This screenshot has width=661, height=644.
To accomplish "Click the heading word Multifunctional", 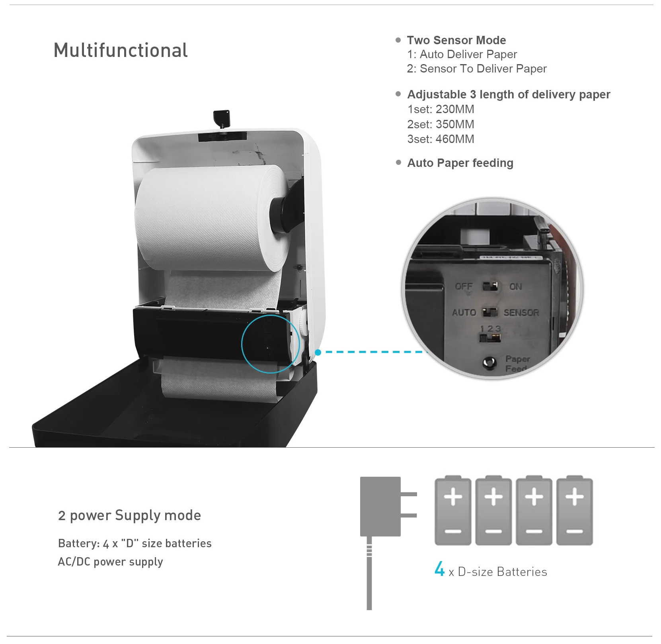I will [x=121, y=51].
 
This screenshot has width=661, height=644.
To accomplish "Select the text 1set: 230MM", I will [x=441, y=109].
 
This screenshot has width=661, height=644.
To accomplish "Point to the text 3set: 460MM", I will [x=441, y=139].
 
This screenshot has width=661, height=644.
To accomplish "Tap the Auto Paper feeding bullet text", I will [x=460, y=163].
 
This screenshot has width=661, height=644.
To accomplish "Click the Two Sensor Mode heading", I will [x=456, y=40].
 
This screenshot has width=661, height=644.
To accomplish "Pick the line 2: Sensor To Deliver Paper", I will [x=476, y=69].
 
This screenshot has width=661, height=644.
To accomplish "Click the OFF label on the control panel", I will [x=464, y=286].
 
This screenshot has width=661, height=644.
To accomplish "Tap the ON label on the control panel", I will [x=515, y=286].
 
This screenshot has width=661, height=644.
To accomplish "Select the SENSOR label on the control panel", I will [x=521, y=313].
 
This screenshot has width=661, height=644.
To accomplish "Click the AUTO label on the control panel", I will [x=464, y=313].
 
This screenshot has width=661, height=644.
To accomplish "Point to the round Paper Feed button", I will [x=489, y=362].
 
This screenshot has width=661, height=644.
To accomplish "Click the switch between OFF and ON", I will [x=490, y=286].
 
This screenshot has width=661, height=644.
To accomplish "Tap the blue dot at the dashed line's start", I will [x=318, y=352].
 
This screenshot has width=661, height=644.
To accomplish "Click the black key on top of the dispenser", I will [x=222, y=118].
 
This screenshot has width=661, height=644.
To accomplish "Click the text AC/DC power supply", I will [x=110, y=562].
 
